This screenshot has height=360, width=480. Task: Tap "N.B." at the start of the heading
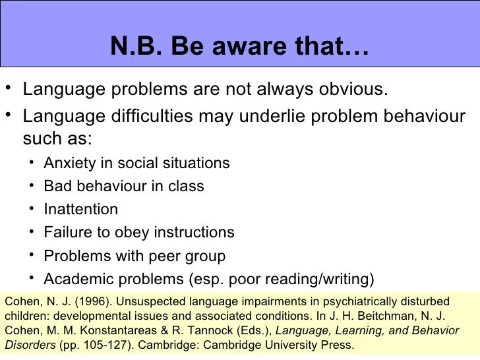[x=133, y=46]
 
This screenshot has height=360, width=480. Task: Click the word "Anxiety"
[x=69, y=163]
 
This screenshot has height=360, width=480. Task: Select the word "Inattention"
[x=81, y=210]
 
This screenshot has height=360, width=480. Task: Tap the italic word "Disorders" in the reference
[x=29, y=345]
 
